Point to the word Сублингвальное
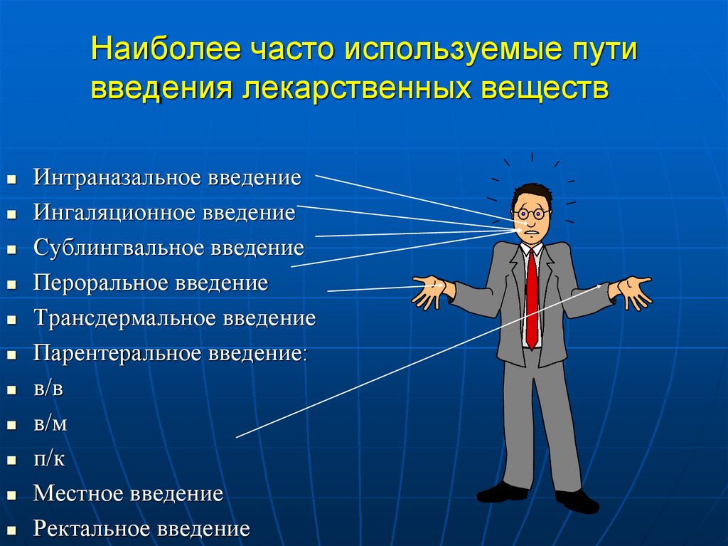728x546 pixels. pos(117,248)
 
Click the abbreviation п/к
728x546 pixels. pos(49,459)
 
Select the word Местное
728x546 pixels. pos(80,494)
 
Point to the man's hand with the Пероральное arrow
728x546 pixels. pos(432,290)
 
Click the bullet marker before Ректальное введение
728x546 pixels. pos(11,530)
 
